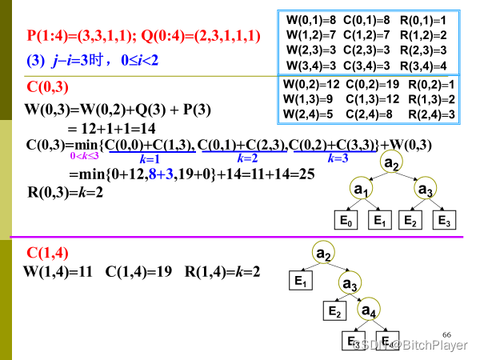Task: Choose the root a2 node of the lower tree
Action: (x=323, y=254)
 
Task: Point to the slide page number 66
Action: (x=446, y=332)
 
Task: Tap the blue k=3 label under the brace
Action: (x=338, y=158)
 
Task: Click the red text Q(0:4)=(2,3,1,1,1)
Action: (x=201, y=36)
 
